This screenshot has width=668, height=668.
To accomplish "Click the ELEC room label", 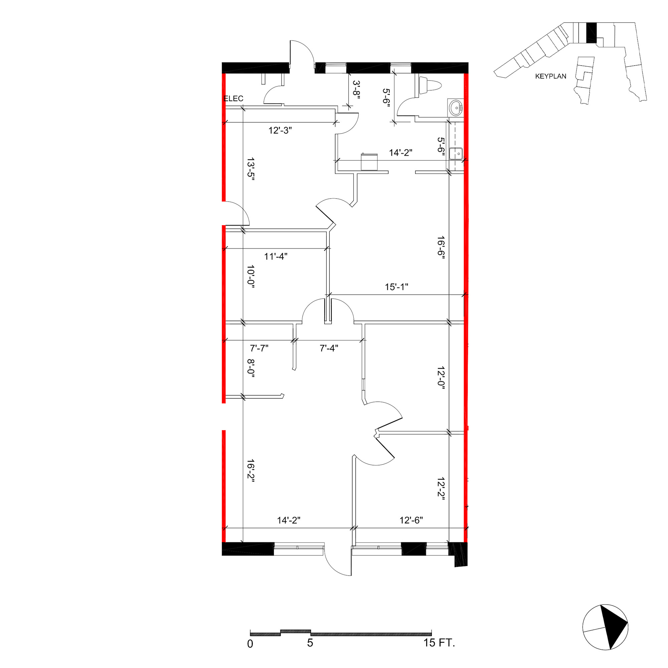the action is click(233, 99).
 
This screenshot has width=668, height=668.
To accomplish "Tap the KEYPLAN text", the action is click(551, 76).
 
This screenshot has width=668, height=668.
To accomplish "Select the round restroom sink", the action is click(456, 108).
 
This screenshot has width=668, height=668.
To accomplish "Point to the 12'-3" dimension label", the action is click(280, 131).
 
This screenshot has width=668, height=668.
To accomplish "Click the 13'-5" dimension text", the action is click(251, 167).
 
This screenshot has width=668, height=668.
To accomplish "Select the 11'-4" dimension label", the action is click(276, 257).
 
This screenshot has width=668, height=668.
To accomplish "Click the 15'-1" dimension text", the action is click(396, 287).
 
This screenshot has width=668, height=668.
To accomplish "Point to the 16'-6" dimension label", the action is click(441, 247).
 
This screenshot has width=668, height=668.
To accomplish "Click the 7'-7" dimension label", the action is click(259, 348).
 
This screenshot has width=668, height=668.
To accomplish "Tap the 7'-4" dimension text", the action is click(329, 348).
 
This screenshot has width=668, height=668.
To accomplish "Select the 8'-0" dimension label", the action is click(251, 369).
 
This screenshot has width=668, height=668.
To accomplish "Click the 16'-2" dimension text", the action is click(251, 471).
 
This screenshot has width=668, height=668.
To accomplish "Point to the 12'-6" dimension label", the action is click(411, 520).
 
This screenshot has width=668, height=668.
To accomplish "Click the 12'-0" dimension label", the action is click(441, 378).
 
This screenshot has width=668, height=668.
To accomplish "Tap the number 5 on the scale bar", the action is click(310, 643).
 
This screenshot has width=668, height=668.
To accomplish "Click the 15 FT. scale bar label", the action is click(440, 643).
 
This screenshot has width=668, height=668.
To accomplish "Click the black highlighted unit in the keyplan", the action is click(592, 33).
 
